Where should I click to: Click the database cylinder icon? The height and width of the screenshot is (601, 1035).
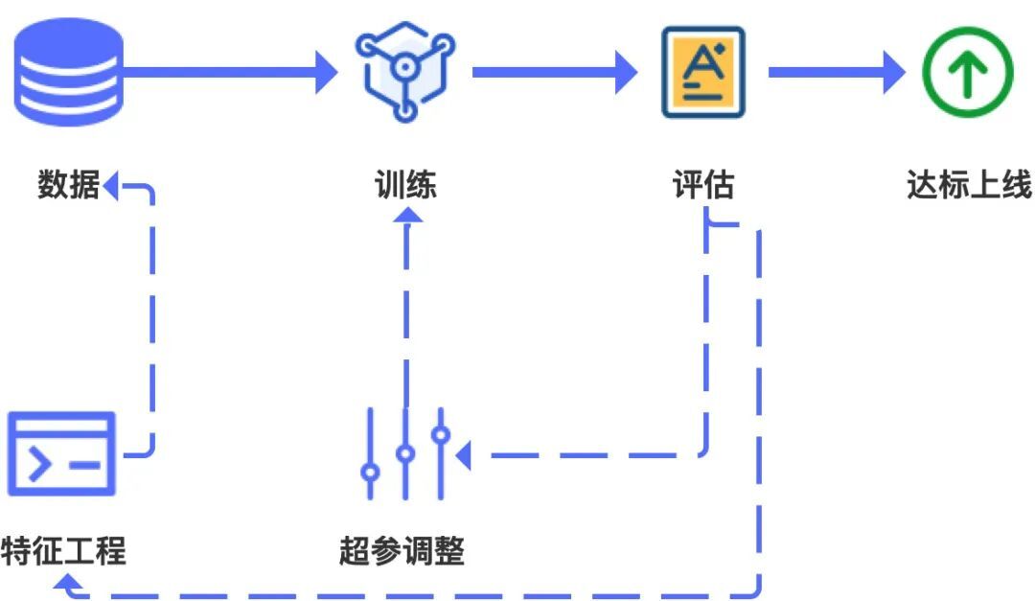(x=68, y=72)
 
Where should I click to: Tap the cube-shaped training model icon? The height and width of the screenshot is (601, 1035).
(x=404, y=72)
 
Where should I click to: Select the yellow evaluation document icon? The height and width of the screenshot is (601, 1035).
(x=703, y=72)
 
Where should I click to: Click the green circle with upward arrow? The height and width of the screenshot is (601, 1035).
(x=967, y=72)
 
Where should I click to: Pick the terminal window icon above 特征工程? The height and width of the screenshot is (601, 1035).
(x=61, y=453)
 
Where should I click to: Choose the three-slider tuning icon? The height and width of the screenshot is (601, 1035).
(x=405, y=453)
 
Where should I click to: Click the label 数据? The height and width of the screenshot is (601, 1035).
(x=68, y=184)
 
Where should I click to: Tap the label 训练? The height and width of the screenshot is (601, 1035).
(x=405, y=184)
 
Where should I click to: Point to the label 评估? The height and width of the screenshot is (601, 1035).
(x=703, y=184)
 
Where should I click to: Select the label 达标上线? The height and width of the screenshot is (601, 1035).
(x=969, y=184)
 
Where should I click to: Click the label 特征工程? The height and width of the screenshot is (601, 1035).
(x=63, y=551)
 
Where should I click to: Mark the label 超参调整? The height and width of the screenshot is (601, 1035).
(x=402, y=551)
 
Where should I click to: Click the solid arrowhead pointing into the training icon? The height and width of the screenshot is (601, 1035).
(x=327, y=72)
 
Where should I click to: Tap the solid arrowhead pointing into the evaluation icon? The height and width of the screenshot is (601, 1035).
(x=626, y=72)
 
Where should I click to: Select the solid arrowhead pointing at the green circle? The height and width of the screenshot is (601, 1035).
(x=893, y=72)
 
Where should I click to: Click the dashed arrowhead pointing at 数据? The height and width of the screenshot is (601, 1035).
(x=111, y=185)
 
